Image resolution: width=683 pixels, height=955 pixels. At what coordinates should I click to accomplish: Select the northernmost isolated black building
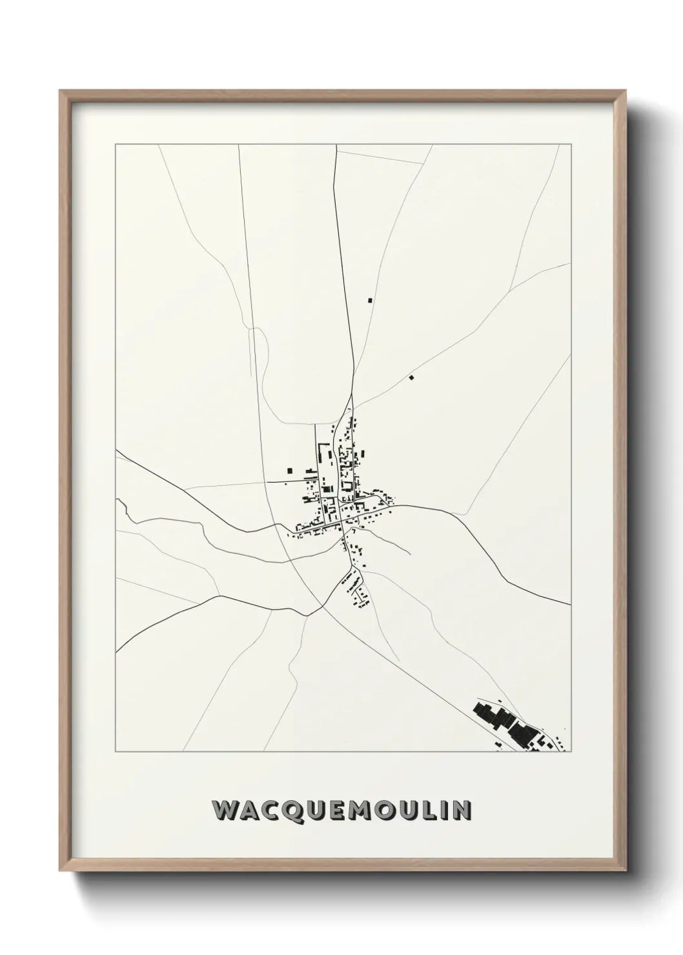pos(369,300)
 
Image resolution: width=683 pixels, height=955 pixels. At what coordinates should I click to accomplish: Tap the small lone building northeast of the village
pos(411,377)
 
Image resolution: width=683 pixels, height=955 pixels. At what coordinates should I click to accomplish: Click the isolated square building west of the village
pos(290,470)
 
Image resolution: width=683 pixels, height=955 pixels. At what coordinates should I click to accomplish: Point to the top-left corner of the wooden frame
pos(61,92)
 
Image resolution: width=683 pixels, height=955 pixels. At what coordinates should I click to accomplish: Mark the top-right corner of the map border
pos(571,145)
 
